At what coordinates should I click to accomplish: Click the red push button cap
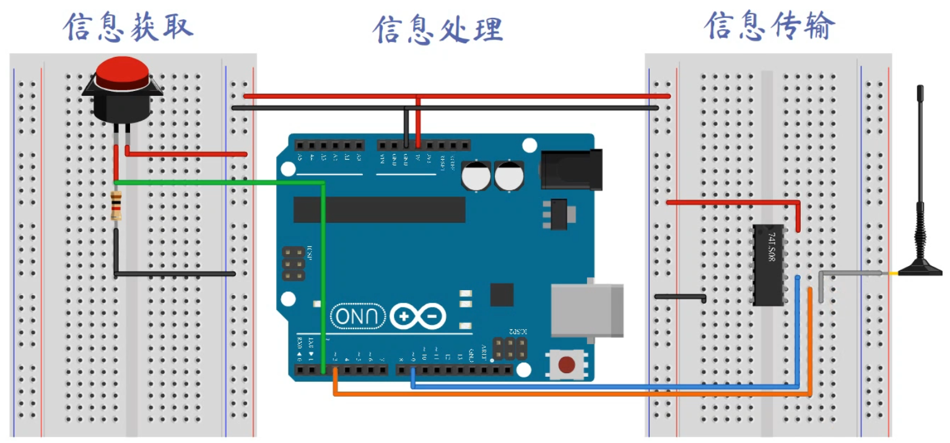click(x=122, y=71)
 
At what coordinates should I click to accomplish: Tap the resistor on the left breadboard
click(x=116, y=207)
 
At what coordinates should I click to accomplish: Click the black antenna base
click(x=920, y=269)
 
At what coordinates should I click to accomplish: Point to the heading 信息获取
click(x=128, y=28)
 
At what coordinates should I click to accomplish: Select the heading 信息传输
click(x=769, y=27)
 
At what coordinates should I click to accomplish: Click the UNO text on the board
click(x=359, y=317)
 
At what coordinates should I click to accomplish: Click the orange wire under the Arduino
click(x=557, y=394)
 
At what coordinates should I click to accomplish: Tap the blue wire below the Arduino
click(x=588, y=386)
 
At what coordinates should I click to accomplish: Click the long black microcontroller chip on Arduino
click(x=379, y=210)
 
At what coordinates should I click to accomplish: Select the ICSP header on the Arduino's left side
click(x=294, y=264)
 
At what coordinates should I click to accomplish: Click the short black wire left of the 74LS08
click(x=680, y=297)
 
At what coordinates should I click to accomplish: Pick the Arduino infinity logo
click(x=418, y=317)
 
